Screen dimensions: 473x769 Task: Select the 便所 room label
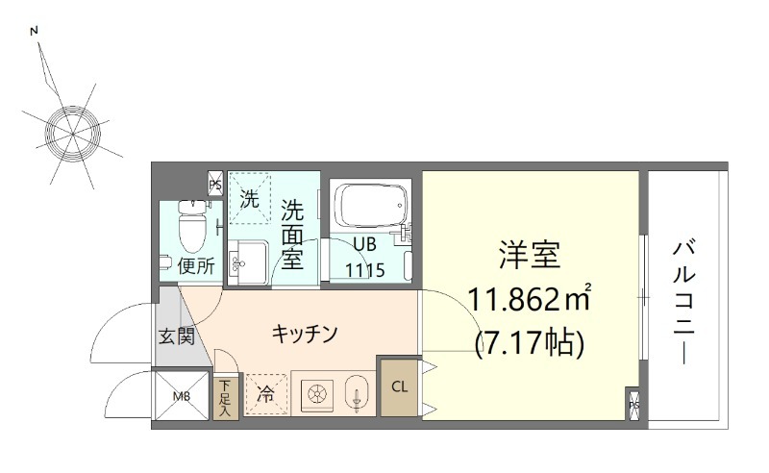click(x=195, y=266)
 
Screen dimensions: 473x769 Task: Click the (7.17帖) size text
click(x=530, y=342)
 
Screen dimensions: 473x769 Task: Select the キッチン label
click(x=304, y=334)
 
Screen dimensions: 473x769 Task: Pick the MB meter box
click(x=182, y=394)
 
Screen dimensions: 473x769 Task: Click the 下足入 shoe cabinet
click(x=226, y=394)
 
